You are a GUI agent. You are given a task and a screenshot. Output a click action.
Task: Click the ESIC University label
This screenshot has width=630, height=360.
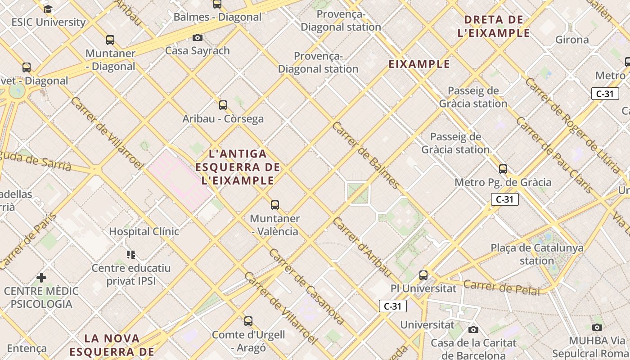tap(48, 22)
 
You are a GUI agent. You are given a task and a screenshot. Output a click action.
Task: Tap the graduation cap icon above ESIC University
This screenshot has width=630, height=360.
tap(48, 9)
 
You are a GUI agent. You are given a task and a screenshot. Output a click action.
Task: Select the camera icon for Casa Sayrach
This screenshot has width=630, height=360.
tap(197, 38)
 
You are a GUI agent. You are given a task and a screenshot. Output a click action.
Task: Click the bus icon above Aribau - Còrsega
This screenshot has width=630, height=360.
tap(223, 105)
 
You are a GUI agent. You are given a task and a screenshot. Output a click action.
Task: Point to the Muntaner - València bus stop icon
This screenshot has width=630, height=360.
tap(274, 205)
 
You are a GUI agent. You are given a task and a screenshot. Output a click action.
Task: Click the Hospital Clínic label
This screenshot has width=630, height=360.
tap(144, 231)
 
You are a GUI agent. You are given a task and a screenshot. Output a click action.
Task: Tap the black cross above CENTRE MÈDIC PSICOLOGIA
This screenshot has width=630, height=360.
tap(41, 278)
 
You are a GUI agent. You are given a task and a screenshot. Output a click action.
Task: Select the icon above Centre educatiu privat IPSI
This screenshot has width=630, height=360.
tap(131, 255)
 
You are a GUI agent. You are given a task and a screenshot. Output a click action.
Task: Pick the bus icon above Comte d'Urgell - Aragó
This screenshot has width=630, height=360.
tap(248, 321)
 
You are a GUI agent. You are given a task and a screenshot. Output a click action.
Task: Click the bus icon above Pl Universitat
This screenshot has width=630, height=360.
tap(423, 275)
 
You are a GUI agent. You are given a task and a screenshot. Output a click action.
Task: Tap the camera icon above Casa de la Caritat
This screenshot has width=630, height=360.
tap(473, 330)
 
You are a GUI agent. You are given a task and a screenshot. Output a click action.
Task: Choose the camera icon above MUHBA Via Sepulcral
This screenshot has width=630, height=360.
tap(597, 327)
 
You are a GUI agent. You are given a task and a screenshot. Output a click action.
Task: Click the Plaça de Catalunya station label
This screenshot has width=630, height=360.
tap(537, 254)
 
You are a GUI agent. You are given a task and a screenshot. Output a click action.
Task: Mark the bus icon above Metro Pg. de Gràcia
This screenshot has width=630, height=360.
tap(503, 169)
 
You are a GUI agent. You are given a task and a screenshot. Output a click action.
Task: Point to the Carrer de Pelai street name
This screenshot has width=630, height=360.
tap(501, 288)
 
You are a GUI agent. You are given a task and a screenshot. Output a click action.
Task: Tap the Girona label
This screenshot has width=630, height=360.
tap(572, 40)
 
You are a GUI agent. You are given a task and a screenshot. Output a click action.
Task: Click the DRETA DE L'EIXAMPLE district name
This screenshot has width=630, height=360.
tap(494, 26)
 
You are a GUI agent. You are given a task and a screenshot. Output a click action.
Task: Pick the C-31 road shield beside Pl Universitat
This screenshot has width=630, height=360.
tap(392, 306)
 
